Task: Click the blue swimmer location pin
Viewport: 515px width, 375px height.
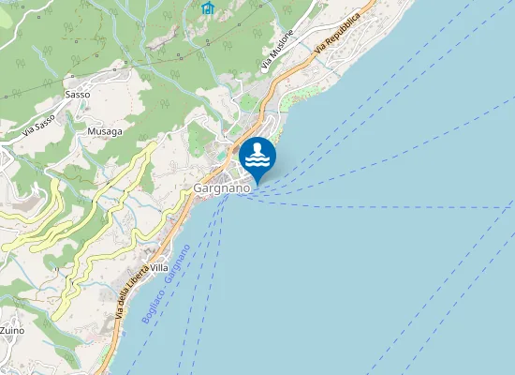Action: click(257, 157)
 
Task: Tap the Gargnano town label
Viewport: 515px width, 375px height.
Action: click(222, 188)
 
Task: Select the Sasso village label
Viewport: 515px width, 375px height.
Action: click(77, 95)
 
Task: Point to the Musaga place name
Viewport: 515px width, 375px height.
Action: click(104, 131)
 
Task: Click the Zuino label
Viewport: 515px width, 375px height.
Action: click(12, 331)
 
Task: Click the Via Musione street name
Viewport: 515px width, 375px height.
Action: click(278, 51)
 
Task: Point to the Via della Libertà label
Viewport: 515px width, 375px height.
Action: click(131, 290)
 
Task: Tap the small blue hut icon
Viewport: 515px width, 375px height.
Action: click(208, 7)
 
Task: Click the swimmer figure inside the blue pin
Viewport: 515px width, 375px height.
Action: click(257, 149)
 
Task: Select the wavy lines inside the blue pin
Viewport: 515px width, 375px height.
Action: click(257, 161)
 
